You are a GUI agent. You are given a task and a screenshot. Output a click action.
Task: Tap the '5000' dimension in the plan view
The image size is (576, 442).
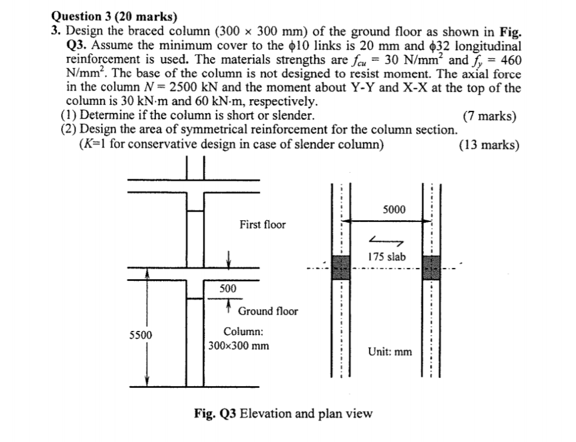pos(394,210)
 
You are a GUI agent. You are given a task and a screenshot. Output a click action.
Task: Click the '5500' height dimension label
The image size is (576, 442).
pos(141,335)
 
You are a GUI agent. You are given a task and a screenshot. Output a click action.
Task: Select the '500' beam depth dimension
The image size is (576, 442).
pos(228,289)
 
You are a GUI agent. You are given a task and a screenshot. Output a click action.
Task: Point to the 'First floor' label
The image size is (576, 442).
pos(262,225)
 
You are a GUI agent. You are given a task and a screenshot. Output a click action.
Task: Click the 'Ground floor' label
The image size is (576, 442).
pos(268,311)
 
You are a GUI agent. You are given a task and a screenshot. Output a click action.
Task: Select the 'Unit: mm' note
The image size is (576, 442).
pos(390,352)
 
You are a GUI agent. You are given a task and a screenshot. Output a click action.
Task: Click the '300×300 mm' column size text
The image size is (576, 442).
pos(238,346)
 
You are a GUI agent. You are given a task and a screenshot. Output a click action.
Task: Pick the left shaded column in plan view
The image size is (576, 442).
pos(341,266)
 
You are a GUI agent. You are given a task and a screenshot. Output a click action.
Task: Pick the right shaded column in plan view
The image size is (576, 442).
pos(431,266)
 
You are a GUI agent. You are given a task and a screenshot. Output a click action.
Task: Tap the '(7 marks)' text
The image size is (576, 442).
pos(489,117)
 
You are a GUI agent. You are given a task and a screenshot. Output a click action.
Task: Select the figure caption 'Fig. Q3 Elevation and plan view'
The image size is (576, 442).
pos(283,414)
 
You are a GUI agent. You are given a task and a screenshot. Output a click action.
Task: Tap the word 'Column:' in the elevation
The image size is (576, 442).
pos(240,332)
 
